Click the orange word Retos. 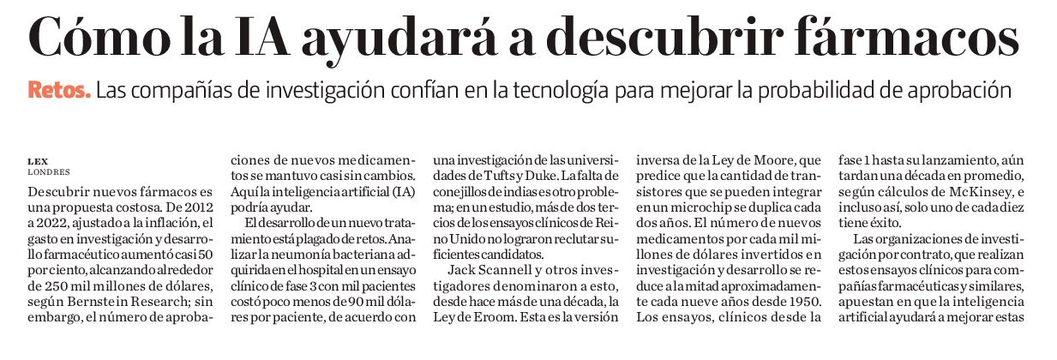click(x=58, y=90)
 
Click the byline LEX click(x=37, y=160)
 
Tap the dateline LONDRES click(x=48, y=171)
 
